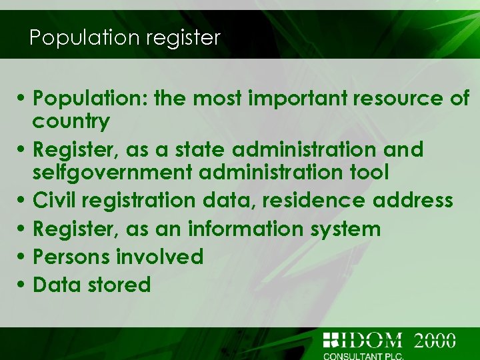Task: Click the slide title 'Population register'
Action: [x=125, y=37]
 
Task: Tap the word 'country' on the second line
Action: [x=71, y=121]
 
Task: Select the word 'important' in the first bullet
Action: [x=296, y=99]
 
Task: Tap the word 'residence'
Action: [x=315, y=200]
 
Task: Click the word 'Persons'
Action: [x=71, y=257]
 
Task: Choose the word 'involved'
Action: [x=160, y=257]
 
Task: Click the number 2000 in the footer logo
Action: [x=435, y=341]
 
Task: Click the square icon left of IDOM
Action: [x=331, y=341]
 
